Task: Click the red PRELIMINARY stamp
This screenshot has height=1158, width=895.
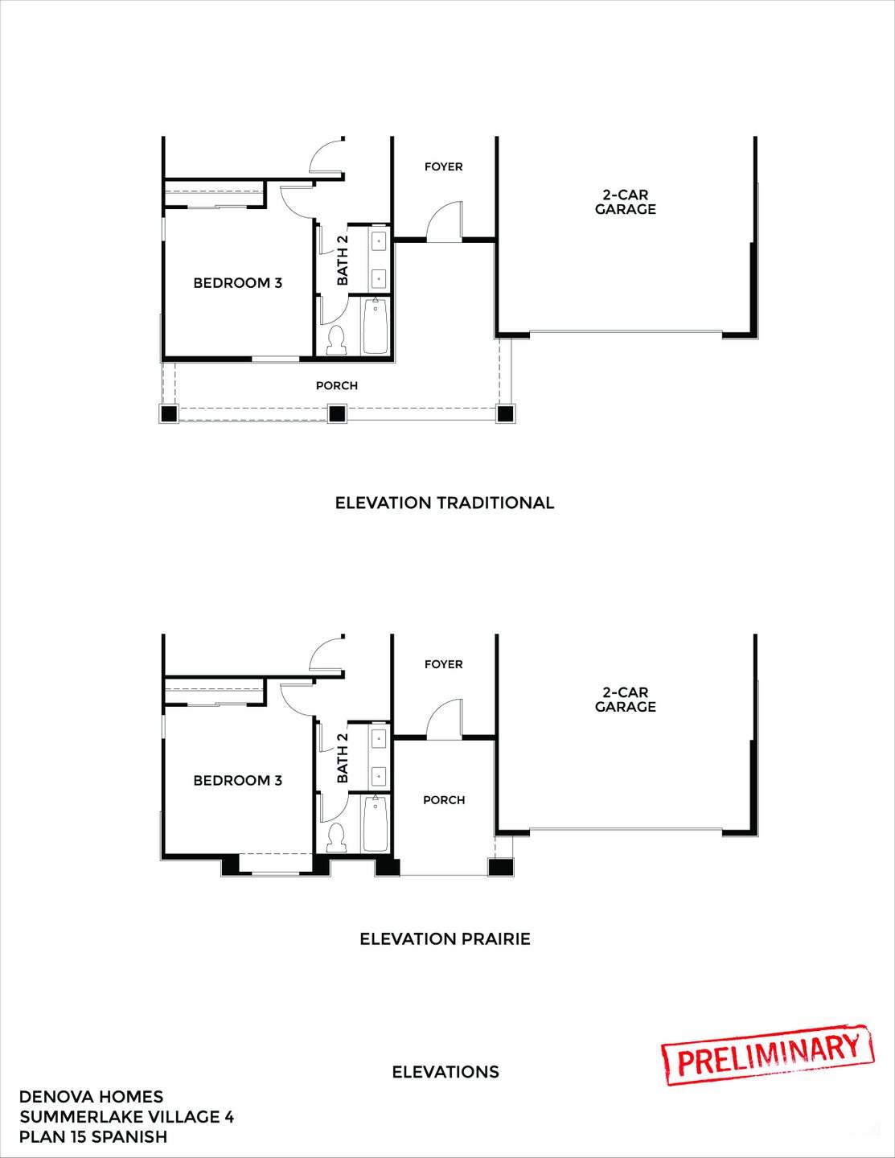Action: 768,1054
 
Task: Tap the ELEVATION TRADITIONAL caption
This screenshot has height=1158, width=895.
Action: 444,503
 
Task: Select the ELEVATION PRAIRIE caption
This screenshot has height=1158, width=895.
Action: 444,938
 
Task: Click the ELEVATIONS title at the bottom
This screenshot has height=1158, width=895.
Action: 445,1072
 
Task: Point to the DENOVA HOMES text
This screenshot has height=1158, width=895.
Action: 91,1096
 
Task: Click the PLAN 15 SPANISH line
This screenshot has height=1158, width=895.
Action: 93,1136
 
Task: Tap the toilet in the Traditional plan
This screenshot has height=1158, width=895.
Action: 336,341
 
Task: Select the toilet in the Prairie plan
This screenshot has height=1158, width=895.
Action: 336,839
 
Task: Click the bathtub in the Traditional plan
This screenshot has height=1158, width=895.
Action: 375,326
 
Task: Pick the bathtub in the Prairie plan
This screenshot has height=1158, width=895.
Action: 375,823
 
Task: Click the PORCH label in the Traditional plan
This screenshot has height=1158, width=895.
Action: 336,386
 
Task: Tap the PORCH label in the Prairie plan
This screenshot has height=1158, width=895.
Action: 444,800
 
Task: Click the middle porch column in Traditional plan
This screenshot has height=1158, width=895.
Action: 336,413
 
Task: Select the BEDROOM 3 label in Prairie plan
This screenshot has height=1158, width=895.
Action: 237,780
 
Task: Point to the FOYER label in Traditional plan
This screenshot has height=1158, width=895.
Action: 444,166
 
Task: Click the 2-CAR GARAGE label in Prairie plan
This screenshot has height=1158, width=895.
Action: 625,700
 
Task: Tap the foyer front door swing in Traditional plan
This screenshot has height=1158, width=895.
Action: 445,223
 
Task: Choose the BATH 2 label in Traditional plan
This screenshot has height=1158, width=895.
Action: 343,260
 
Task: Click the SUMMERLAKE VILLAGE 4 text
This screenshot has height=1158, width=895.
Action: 126,1116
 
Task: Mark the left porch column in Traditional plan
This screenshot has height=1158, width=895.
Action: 169,413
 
